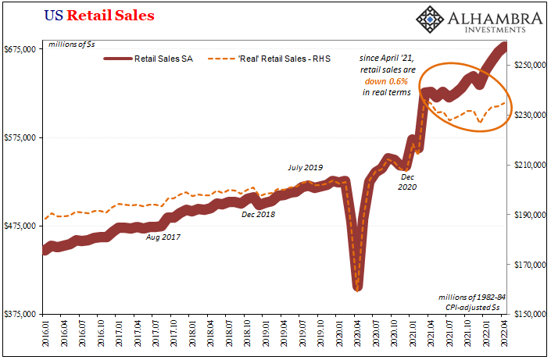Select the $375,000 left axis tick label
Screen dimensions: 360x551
[21, 314]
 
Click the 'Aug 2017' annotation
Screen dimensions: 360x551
[163, 236]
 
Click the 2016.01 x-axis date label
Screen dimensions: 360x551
[45, 337]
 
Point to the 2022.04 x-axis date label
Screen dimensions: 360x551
[504, 337]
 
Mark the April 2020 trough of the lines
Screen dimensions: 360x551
[357, 288]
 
